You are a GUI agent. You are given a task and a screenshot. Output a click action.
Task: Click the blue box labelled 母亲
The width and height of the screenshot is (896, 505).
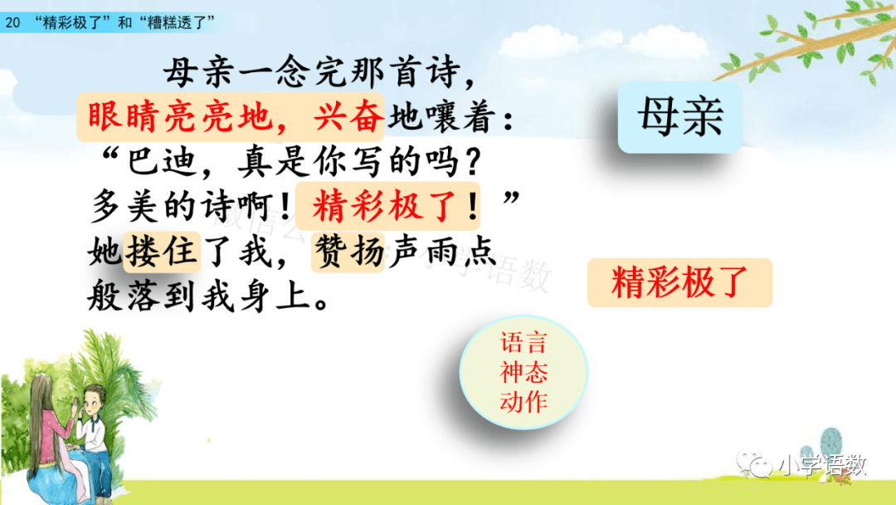(679, 116)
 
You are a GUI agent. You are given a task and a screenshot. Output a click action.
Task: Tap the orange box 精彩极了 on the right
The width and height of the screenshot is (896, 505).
(680, 282)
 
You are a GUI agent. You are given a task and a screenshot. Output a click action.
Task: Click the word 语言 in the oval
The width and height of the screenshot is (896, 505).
(523, 342)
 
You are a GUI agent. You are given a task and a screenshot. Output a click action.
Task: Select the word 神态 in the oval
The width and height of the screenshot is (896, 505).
(523, 372)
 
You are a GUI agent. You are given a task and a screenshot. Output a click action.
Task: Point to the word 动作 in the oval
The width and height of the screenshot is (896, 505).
(523, 401)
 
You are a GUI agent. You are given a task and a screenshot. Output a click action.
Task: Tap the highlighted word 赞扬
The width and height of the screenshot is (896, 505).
(348, 252)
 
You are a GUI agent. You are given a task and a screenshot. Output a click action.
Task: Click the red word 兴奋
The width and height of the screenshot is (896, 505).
(348, 117)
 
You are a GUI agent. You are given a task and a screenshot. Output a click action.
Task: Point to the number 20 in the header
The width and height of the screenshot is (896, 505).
(12, 23)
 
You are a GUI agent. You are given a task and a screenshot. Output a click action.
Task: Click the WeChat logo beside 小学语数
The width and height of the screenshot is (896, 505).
(753, 462)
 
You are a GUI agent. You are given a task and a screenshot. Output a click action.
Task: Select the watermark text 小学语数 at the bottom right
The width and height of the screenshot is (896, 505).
(824, 465)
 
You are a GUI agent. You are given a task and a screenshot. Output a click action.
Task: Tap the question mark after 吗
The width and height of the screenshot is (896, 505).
(473, 163)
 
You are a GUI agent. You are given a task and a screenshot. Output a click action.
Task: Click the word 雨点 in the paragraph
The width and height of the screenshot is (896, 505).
(459, 252)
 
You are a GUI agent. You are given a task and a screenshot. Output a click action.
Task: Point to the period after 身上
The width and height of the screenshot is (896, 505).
(321, 304)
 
